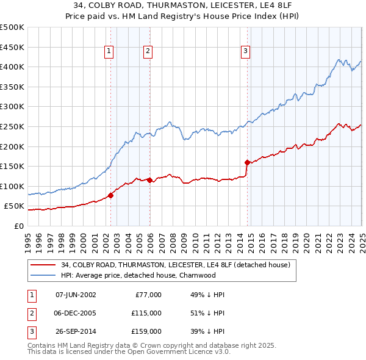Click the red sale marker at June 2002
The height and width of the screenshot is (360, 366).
[x=111, y=195]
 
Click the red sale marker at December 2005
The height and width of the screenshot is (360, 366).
[x=150, y=180]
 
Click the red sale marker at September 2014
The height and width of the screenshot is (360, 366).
[x=248, y=162]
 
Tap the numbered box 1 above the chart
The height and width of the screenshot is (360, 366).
[x=109, y=52]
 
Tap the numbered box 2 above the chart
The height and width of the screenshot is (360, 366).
[x=148, y=52]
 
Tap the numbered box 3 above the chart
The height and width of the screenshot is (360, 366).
[x=245, y=52]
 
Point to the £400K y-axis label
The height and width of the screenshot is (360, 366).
[x=12, y=67]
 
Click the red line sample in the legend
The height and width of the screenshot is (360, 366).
[x=43, y=265]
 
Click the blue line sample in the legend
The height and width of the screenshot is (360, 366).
[x=43, y=275]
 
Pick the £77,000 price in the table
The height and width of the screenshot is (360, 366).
[x=147, y=295]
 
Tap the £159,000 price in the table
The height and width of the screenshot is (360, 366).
[x=147, y=331]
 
